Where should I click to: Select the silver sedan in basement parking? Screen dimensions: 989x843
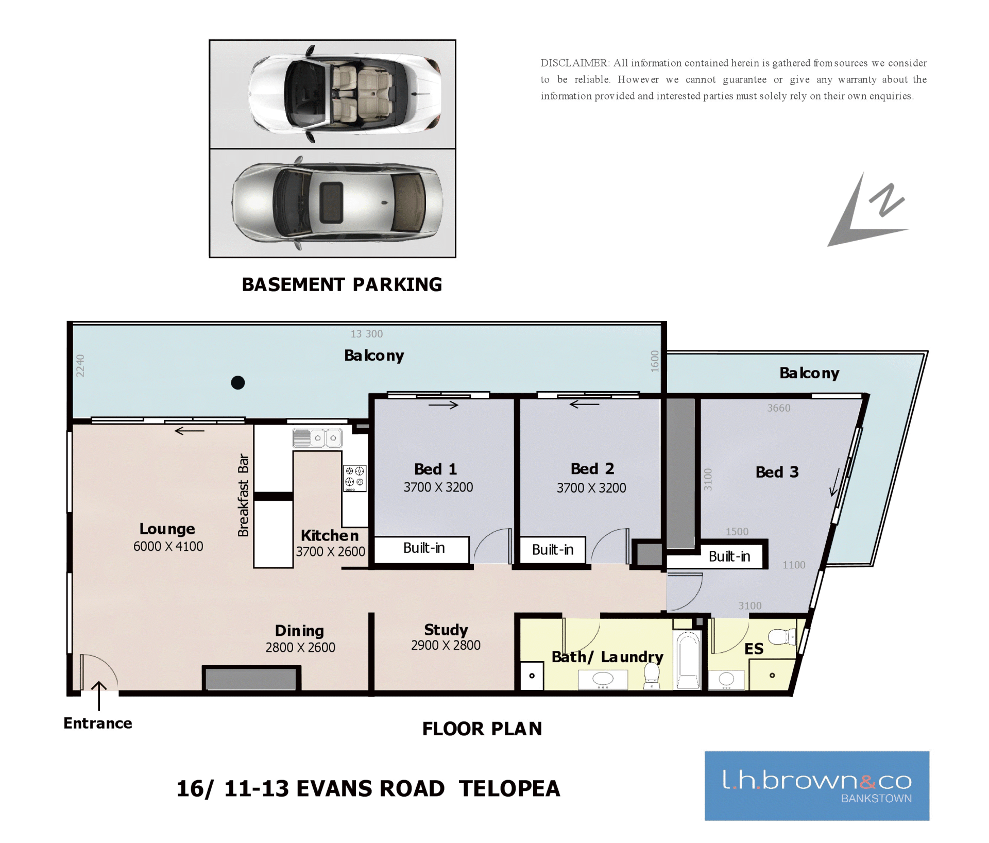coord(337,203)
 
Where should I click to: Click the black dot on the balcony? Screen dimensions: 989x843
coord(238,382)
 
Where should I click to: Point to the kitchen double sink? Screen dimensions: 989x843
coord(317,438)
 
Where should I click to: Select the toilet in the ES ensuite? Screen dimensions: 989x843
coord(782,637)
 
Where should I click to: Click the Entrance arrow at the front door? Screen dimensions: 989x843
coord(99,696)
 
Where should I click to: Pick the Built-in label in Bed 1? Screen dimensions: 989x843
coord(424,548)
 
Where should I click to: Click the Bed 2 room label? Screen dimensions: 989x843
coord(592,468)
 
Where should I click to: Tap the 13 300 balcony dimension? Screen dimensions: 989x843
coord(367,334)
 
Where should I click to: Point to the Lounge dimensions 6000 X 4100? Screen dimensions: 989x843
coord(168,546)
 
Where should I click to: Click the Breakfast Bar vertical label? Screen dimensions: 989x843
coord(243,495)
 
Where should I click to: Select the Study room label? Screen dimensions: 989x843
coord(446,630)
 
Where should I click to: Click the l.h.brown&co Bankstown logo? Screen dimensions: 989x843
coord(817,786)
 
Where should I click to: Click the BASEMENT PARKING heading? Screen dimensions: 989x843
coord(342,284)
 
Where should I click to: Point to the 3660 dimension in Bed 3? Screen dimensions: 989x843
coord(779,408)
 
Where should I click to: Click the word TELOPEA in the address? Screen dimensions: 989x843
coord(509,788)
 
